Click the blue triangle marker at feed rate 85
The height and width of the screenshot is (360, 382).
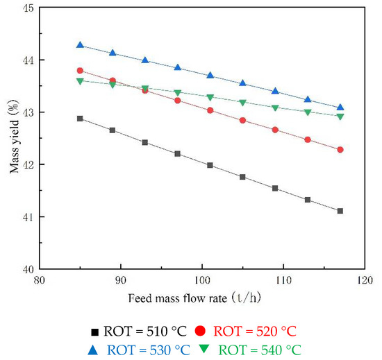(80, 45)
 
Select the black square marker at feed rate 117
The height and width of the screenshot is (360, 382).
(340, 211)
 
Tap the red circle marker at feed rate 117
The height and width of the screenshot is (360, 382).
(340, 150)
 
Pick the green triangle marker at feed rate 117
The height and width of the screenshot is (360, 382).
(340, 117)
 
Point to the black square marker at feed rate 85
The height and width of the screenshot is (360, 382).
(80, 119)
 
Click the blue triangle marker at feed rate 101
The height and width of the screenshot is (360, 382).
(210, 75)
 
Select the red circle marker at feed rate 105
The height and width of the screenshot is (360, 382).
(242, 120)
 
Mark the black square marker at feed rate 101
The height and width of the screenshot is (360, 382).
(210, 165)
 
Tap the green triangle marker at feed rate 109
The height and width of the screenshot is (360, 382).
(275, 108)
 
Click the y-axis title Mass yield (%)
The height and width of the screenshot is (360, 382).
(12, 139)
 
